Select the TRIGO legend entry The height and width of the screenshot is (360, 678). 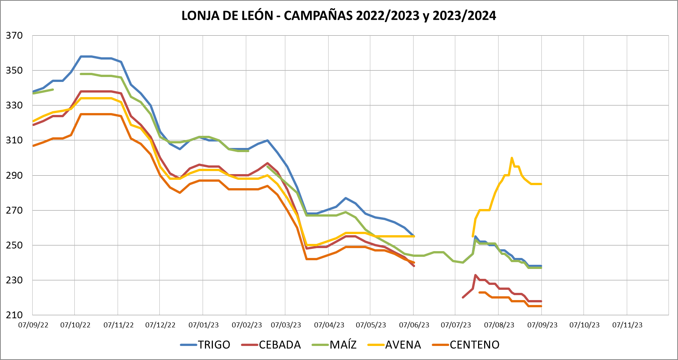point(214,344)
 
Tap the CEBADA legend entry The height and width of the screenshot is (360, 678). point(280,344)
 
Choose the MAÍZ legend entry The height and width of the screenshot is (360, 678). point(343,344)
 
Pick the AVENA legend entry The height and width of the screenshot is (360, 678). point(403,344)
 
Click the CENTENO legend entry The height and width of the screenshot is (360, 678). point(474,344)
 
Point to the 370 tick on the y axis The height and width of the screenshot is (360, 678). point(14,36)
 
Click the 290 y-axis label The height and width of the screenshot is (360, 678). point(14,176)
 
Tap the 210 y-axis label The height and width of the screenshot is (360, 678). point(14,315)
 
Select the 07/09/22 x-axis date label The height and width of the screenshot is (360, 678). point(33,325)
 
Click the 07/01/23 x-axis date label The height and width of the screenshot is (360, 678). point(204,325)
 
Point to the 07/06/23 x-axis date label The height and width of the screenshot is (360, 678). point(414,325)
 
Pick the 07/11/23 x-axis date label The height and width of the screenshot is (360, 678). point(628,325)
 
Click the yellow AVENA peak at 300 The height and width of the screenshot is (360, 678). point(512,158)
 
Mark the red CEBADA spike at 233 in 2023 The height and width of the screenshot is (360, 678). point(475,275)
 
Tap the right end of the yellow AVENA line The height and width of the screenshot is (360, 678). point(541,184)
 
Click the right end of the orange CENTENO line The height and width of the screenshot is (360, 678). point(541,306)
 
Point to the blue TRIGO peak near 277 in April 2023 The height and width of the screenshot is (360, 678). point(346,198)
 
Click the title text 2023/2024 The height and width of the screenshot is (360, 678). point(464,16)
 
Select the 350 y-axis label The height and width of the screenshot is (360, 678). point(14,71)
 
